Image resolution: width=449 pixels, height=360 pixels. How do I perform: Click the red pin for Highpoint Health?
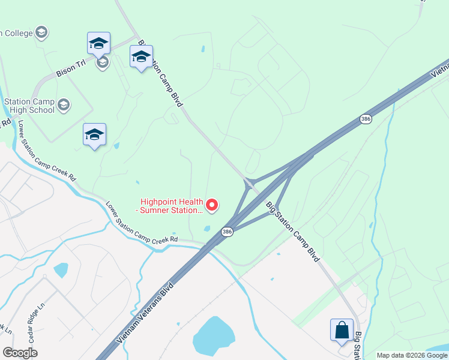[212, 205]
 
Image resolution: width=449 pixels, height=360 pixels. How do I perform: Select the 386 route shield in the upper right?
[366, 119]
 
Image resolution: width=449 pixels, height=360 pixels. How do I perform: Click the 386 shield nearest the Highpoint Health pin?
[226, 232]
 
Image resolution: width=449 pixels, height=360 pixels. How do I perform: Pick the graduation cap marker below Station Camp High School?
[95, 135]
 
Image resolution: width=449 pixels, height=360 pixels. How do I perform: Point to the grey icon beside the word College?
[41, 32]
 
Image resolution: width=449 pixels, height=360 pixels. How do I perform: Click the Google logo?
[20, 352]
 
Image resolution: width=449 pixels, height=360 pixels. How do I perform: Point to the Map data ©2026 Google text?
[412, 355]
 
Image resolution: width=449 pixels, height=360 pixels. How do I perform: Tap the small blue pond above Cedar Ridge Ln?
[61, 269]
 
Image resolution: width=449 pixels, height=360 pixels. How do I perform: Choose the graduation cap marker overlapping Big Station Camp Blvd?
[141, 57]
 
